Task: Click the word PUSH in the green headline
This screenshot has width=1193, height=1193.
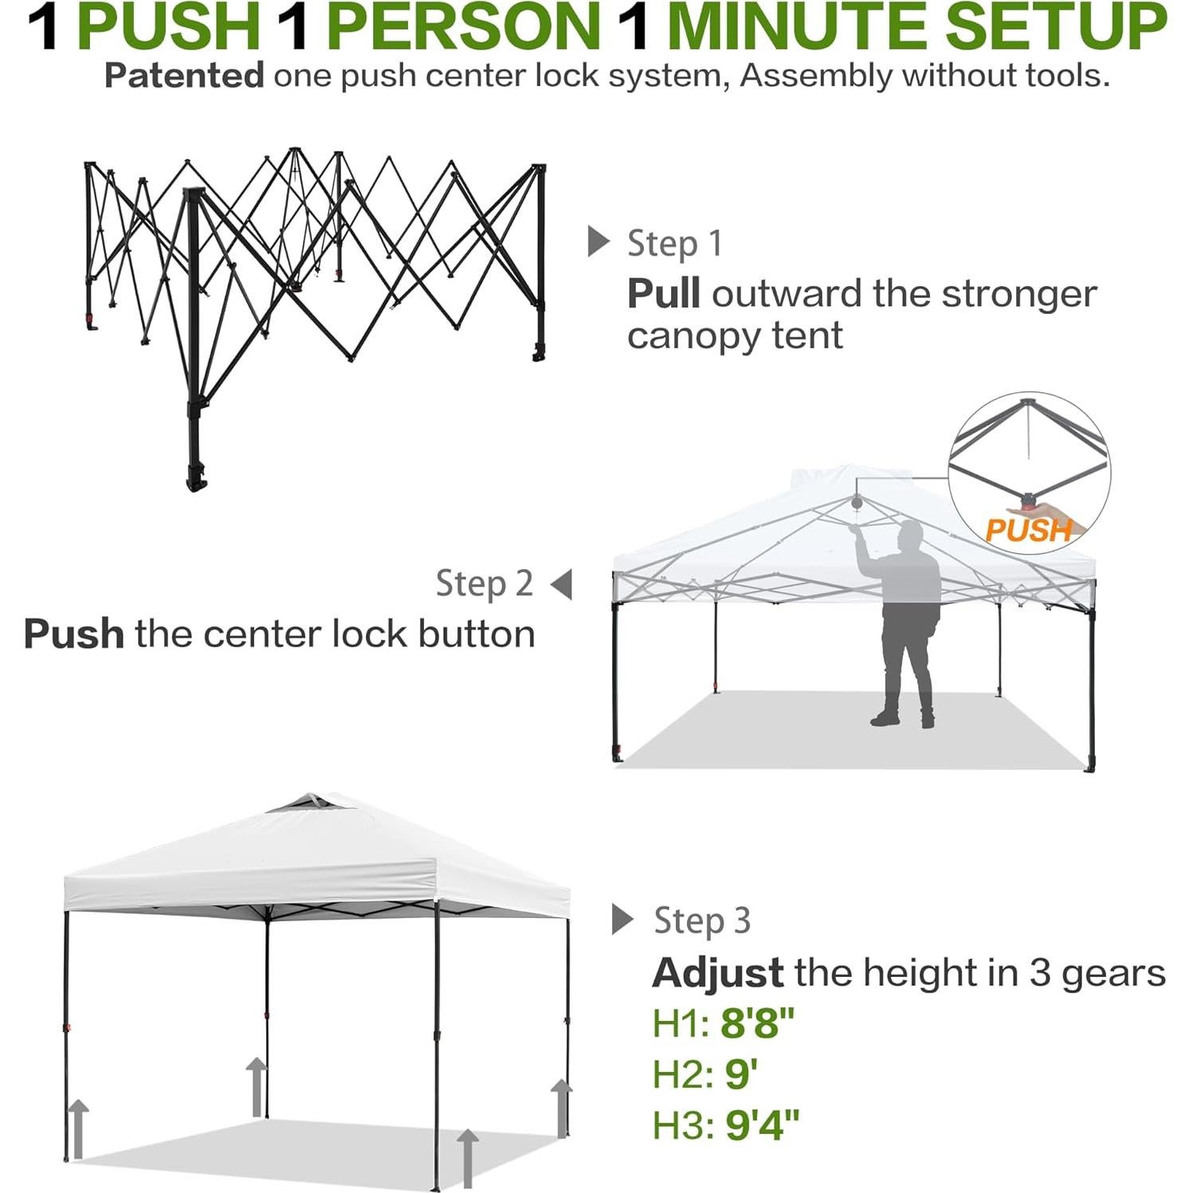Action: [169, 27]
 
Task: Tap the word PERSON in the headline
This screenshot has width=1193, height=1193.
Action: [463, 27]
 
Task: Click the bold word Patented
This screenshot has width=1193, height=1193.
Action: [184, 76]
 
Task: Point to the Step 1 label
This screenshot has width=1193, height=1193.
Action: [674, 243]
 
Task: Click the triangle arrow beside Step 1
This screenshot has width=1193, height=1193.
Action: [598, 241]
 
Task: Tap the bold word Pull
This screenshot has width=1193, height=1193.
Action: [663, 293]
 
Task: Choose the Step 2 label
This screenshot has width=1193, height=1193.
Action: [484, 583]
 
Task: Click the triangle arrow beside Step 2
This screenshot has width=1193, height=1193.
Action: [562, 583]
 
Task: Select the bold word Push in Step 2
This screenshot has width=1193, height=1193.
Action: [73, 634]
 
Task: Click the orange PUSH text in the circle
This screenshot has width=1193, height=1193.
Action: [1028, 530]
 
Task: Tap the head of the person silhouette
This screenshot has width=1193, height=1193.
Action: [908, 534]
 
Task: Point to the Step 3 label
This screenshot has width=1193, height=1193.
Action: [702, 920]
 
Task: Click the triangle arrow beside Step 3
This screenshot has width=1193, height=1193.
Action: [622, 919]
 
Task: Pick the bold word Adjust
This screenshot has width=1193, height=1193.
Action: [717, 973]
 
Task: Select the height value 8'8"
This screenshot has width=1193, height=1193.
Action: [757, 1023]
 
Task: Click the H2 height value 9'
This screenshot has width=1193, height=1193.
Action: [740, 1074]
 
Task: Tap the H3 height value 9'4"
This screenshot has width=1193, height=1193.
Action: [761, 1125]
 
